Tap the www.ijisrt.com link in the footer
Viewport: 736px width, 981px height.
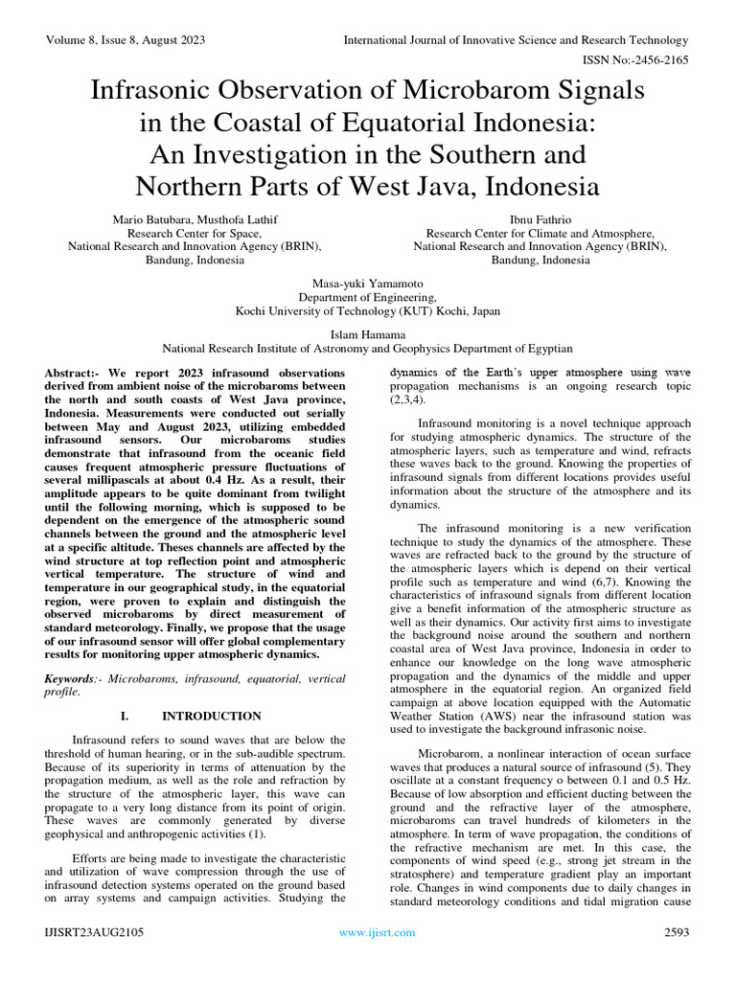point(378,932)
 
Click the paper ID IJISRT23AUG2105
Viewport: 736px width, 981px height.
point(93,932)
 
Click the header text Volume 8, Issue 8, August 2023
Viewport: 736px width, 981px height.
point(125,40)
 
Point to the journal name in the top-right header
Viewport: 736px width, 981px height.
point(516,40)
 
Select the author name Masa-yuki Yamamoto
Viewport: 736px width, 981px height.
point(368,285)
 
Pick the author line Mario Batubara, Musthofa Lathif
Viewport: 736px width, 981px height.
point(195,219)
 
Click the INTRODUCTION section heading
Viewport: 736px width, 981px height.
point(211,716)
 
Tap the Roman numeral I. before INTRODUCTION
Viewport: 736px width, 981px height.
point(124,716)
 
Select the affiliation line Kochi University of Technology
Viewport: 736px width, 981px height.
point(368,311)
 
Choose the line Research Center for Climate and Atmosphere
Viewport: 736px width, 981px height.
point(540,233)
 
